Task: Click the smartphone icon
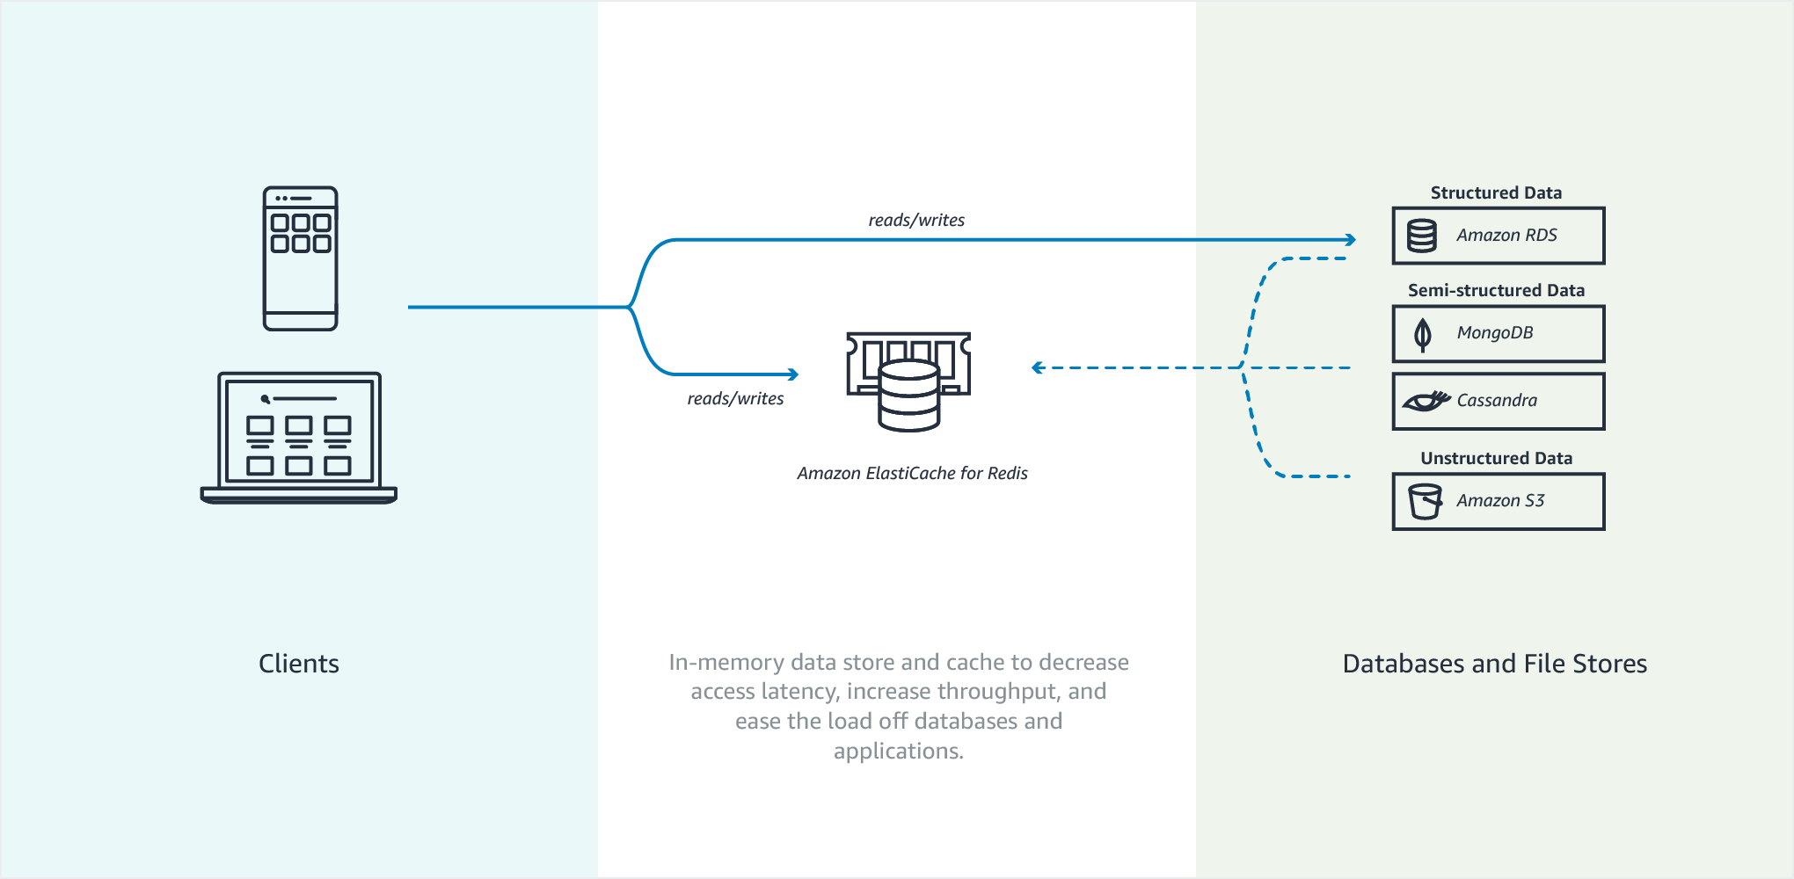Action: pos(300,258)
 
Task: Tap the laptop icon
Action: pos(299,437)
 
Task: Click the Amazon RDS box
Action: pos(1498,236)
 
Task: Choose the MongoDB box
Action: pos(1498,333)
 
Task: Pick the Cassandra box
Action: pos(1498,401)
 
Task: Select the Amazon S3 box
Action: pos(1498,501)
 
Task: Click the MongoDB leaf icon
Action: pos(1422,334)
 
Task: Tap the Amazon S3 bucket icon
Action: pos(1425,501)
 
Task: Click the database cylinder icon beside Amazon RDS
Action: pos(1422,236)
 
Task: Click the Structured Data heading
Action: pos(1496,193)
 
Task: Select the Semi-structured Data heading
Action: pos(1496,290)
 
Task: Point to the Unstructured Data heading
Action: pos(1496,458)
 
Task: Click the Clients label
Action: pos(299,664)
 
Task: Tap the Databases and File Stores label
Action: pos(1494,664)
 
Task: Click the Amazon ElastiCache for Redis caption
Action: pos(912,473)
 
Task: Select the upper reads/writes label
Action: pos(916,220)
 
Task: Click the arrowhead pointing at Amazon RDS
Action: pos(1351,240)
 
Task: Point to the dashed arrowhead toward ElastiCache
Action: pos(1038,367)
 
